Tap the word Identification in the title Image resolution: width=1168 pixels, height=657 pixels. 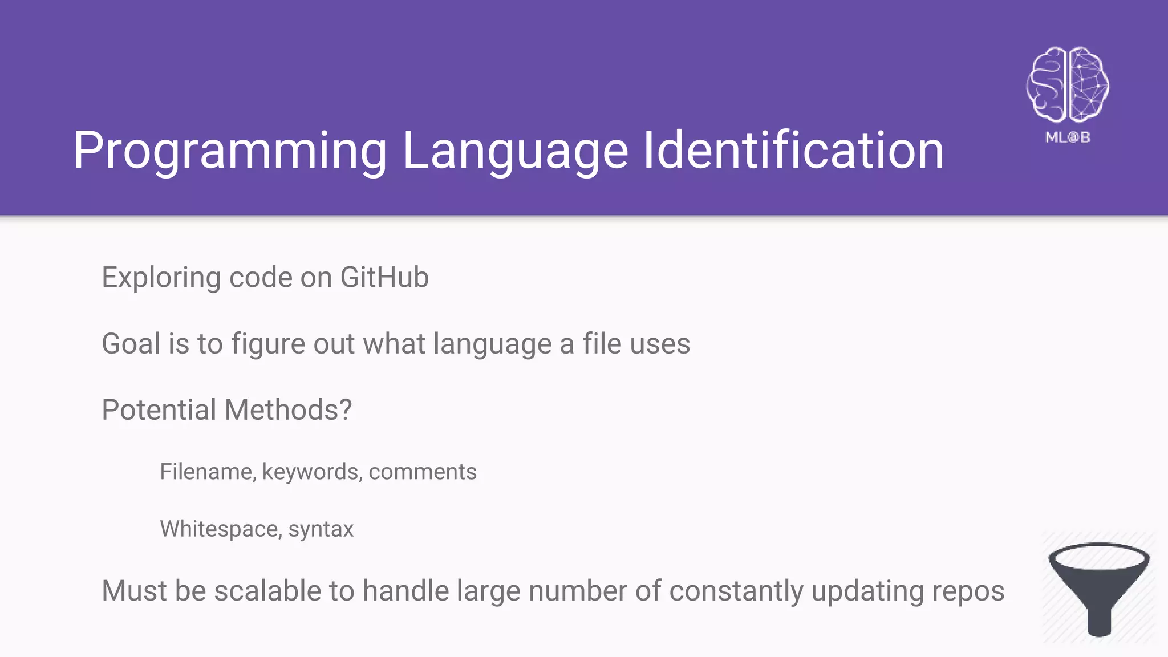pyautogui.click(x=793, y=151)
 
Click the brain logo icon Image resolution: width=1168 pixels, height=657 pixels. pyautogui.click(x=1068, y=84)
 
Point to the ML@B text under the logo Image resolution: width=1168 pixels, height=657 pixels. pyautogui.click(x=1068, y=137)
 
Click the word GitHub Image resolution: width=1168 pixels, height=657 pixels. pyautogui.click(x=384, y=278)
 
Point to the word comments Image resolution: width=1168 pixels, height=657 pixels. pyautogui.click(x=423, y=472)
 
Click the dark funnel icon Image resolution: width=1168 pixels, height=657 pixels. pyautogui.click(x=1099, y=587)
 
